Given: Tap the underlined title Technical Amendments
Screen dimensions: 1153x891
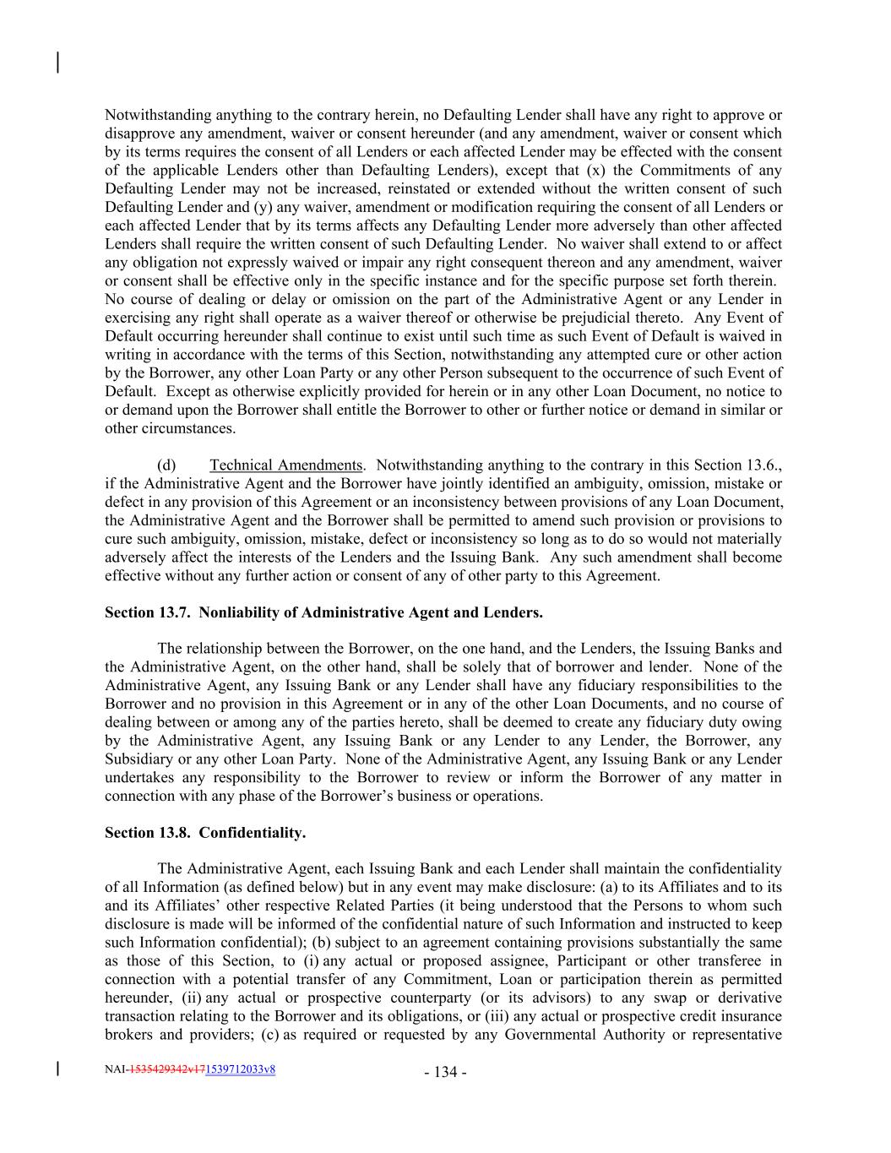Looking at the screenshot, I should coord(285,465).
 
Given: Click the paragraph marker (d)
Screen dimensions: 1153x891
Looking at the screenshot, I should coord(167,465).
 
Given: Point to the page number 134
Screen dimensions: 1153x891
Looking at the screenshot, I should coord(445,1073).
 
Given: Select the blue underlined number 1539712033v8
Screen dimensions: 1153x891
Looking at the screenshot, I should coord(240,1069).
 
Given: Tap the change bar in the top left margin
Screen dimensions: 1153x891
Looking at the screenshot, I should coord(57,63).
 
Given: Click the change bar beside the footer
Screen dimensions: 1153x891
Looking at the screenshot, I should coord(57,1069).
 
